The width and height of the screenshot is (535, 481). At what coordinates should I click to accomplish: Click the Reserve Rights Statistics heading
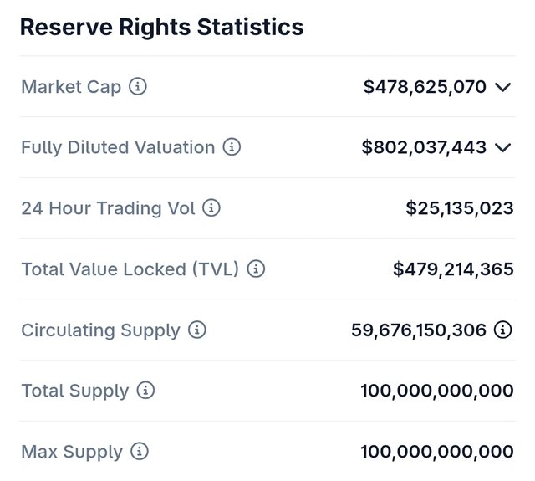click(161, 27)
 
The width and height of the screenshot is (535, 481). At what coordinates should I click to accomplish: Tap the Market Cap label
click(71, 86)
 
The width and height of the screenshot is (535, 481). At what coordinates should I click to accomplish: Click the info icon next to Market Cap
click(138, 86)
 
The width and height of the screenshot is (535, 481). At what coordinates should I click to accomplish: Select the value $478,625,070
click(425, 86)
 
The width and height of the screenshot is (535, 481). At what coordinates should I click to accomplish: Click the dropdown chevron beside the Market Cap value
click(502, 87)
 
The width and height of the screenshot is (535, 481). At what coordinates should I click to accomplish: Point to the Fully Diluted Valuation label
click(118, 147)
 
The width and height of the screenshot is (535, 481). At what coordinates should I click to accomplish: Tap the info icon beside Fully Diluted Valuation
click(232, 147)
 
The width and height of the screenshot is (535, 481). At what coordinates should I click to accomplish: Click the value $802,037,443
click(424, 147)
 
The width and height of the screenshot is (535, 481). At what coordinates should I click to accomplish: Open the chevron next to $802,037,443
click(502, 148)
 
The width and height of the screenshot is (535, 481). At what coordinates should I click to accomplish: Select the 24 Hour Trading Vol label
click(108, 208)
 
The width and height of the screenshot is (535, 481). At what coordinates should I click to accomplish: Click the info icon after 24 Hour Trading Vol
click(211, 208)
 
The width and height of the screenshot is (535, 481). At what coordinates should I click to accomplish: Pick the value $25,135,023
click(460, 208)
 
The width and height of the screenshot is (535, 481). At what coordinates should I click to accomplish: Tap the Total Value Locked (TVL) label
click(130, 269)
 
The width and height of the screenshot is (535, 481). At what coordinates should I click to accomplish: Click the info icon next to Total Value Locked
click(256, 269)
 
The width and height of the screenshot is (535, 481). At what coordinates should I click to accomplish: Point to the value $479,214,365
click(453, 269)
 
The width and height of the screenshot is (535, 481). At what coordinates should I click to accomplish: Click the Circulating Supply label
click(100, 330)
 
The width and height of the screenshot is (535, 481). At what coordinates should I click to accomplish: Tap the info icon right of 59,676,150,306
click(502, 330)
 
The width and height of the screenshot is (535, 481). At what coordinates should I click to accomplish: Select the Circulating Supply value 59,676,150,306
click(419, 330)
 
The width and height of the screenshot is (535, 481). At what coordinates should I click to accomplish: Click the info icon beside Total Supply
click(145, 391)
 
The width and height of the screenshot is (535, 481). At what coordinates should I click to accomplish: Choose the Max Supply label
click(72, 452)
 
